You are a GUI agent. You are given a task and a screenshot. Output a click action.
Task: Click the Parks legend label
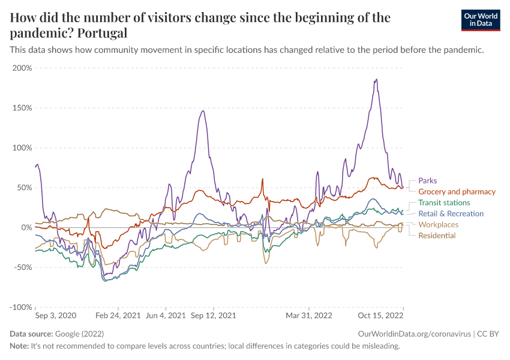[428, 181]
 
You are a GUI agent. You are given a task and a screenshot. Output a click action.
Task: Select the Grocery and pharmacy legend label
[457, 192]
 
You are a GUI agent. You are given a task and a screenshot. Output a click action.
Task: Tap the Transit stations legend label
[444, 203]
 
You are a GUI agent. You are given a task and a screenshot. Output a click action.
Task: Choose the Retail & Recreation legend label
[451, 214]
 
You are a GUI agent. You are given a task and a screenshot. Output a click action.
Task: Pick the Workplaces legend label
[438, 224]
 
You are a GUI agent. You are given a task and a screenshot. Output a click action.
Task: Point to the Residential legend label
[437, 235]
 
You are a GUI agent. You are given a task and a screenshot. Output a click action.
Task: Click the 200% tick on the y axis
[22, 68]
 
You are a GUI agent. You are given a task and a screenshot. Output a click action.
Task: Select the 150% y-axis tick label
[22, 108]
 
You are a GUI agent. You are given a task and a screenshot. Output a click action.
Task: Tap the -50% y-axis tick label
[22, 267]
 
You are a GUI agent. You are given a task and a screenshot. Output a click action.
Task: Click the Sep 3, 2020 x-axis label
[56, 315]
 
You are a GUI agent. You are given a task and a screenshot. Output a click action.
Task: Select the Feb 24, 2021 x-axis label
[118, 315]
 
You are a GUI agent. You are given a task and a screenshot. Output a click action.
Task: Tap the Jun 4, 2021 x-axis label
[166, 315]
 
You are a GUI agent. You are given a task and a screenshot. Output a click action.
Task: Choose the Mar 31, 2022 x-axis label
[308, 315]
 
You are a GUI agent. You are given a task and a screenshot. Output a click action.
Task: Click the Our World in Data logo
[481, 20]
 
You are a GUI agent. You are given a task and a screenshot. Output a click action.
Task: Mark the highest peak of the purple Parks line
[376, 79]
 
